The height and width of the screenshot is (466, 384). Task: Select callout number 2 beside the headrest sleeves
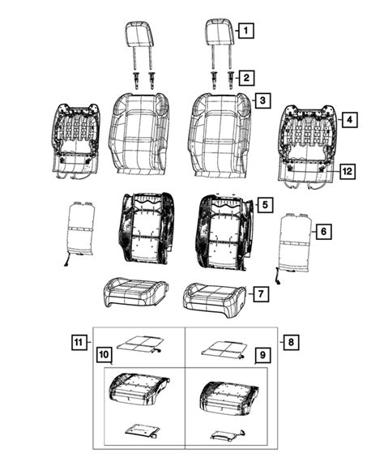tap(245, 79)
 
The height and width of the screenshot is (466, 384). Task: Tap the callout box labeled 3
tap(263, 100)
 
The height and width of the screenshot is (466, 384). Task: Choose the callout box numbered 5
tap(266, 205)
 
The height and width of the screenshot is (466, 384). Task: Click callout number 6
tap(322, 233)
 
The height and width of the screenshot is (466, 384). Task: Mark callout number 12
tap(346, 171)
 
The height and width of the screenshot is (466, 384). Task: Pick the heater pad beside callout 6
tap(294, 244)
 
